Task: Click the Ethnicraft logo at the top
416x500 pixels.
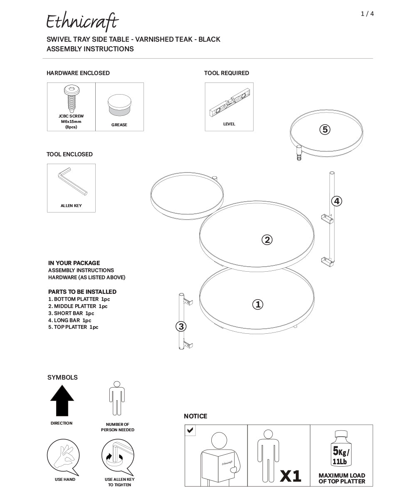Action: pyautogui.click(x=82, y=22)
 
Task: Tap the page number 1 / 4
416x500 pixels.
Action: pyautogui.click(x=367, y=14)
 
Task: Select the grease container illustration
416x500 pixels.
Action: pyautogui.click(x=119, y=105)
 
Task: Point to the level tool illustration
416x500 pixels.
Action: pyautogui.click(x=229, y=105)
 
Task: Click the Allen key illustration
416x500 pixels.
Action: pyautogui.click(x=72, y=181)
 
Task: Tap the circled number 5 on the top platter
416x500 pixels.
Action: pyautogui.click(x=324, y=130)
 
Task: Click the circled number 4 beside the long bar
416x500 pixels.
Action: pyautogui.click(x=336, y=201)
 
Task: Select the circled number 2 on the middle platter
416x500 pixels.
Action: pyautogui.click(x=267, y=240)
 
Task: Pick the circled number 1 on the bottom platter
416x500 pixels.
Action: pyautogui.click(x=258, y=305)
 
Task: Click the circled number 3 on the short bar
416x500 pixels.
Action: pyautogui.click(x=181, y=327)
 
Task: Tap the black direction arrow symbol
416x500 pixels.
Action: pyautogui.click(x=62, y=400)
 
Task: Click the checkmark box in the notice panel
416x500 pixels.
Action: pyautogui.click(x=190, y=430)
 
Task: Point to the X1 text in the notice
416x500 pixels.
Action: pyautogui.click(x=290, y=476)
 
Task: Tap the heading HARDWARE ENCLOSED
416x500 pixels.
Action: pyautogui.click(x=78, y=73)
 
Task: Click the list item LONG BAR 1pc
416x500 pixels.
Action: pyautogui.click(x=69, y=320)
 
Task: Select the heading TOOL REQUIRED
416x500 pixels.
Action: pyautogui.click(x=226, y=73)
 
